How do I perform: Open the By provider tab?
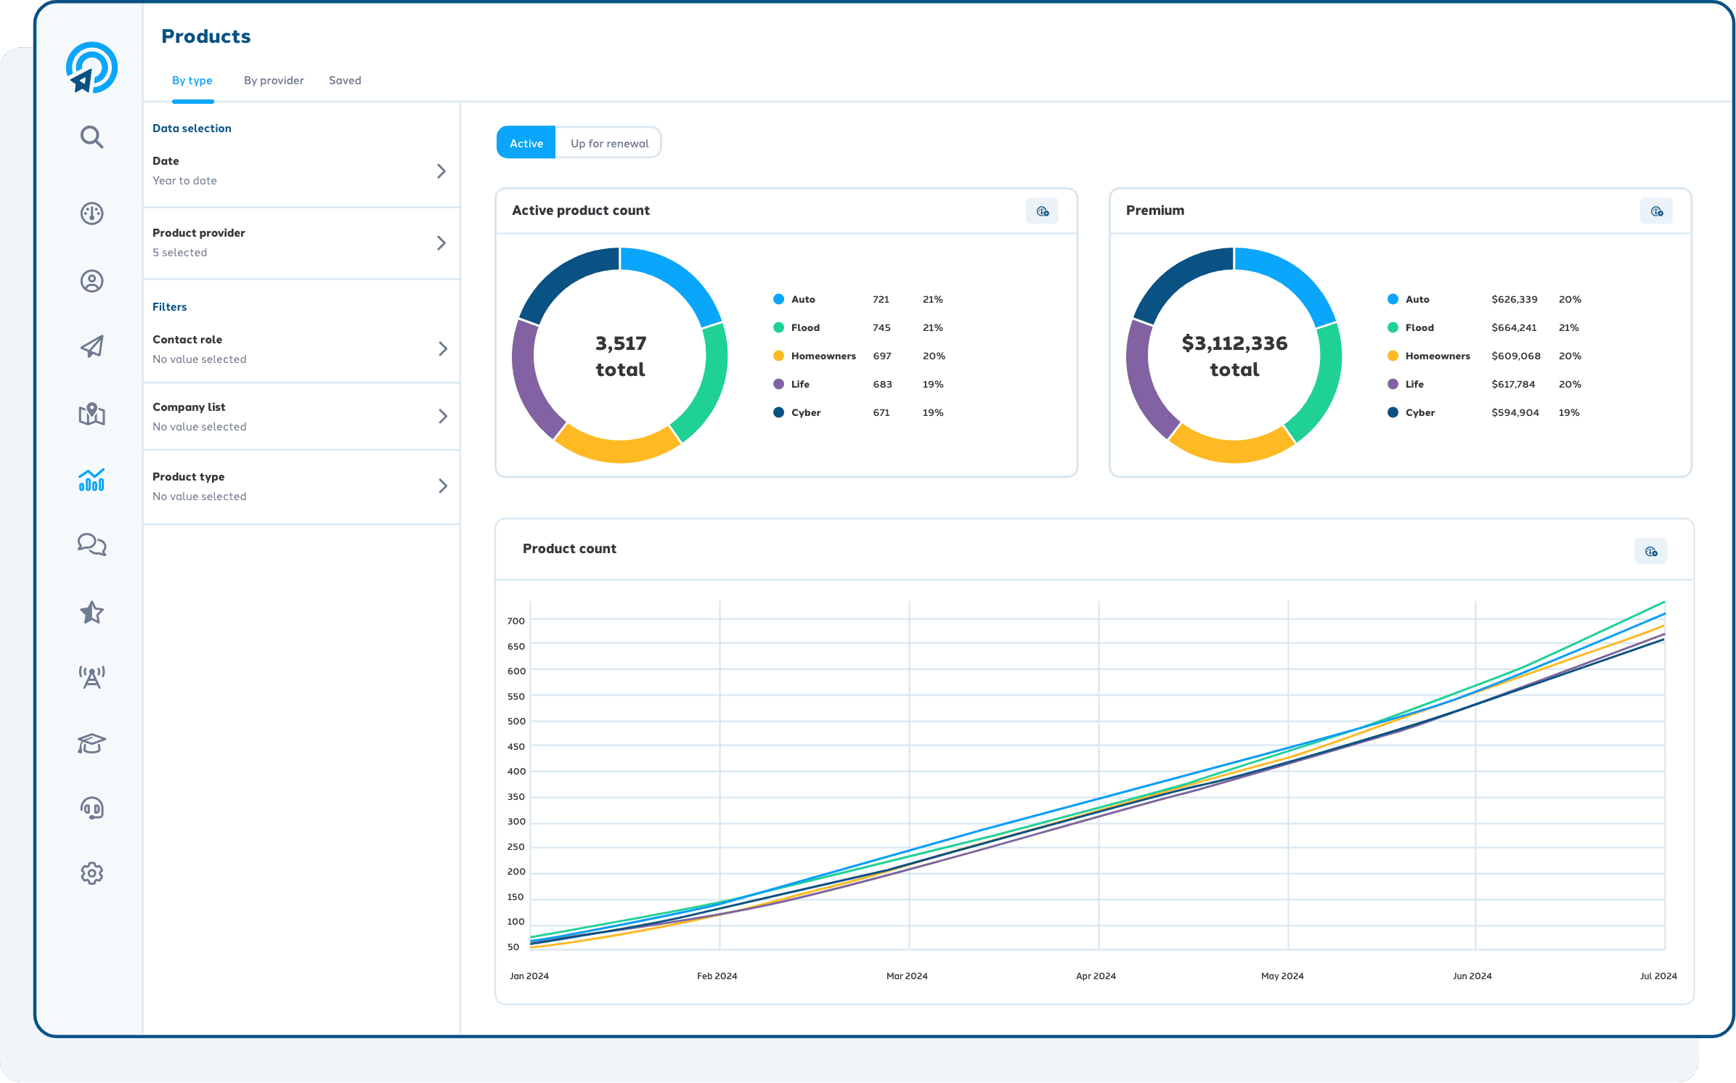click(x=274, y=81)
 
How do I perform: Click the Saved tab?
click(x=345, y=81)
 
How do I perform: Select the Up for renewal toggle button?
click(x=609, y=143)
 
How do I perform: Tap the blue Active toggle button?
click(x=526, y=143)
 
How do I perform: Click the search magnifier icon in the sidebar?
click(x=91, y=137)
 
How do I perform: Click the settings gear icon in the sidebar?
click(x=91, y=873)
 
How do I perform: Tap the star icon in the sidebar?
click(x=91, y=613)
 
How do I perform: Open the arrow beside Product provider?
click(x=441, y=243)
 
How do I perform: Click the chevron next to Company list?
click(x=442, y=417)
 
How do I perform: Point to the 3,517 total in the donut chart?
click(x=620, y=356)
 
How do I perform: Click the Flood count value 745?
click(x=881, y=328)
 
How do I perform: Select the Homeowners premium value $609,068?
click(x=1516, y=356)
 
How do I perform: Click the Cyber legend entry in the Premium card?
click(x=1419, y=413)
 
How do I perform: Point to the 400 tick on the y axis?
click(x=516, y=772)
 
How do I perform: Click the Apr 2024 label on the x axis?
click(x=1096, y=976)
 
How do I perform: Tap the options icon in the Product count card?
click(x=1650, y=552)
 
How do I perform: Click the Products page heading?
click(x=205, y=36)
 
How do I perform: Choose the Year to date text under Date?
click(x=184, y=181)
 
